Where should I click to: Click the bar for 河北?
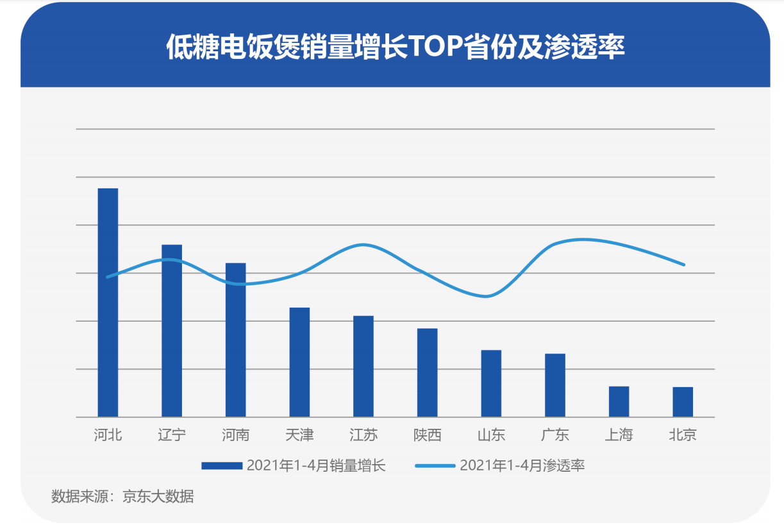click(x=108, y=303)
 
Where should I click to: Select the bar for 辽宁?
click(x=172, y=331)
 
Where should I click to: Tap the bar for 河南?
click(x=235, y=340)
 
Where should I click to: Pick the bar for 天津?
click(x=299, y=362)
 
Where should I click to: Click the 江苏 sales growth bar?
click(x=363, y=366)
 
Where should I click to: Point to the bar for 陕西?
click(x=427, y=372)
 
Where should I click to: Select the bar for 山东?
click(x=491, y=383)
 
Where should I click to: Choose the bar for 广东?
click(x=555, y=385)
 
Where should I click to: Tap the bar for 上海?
click(x=619, y=401)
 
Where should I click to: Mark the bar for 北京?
click(x=683, y=402)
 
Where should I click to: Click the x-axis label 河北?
click(x=108, y=435)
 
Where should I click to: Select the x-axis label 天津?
click(x=299, y=435)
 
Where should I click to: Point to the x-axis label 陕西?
click(x=427, y=435)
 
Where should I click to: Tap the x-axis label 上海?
click(x=619, y=435)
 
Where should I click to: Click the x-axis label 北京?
click(x=683, y=435)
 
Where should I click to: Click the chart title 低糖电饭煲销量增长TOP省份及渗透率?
click(x=395, y=47)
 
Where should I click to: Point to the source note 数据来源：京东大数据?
click(x=122, y=497)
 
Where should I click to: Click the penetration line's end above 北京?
click(x=684, y=264)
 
